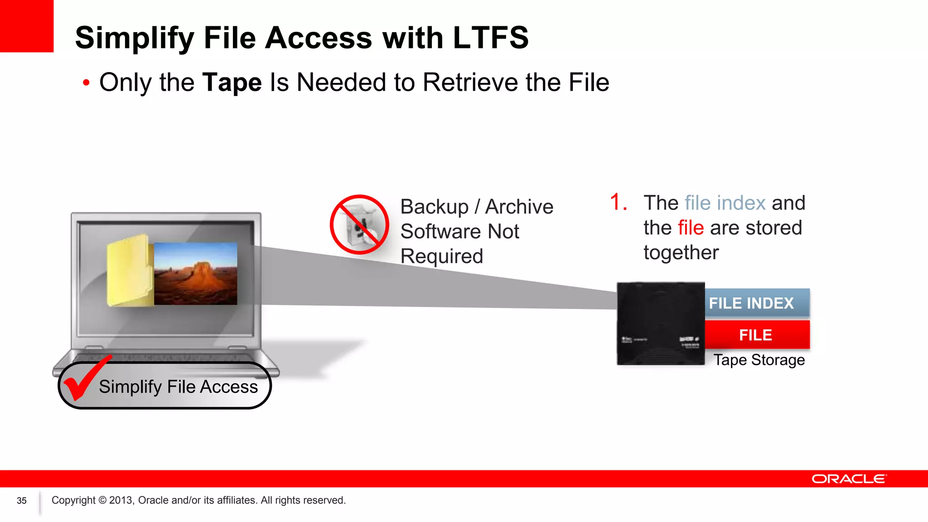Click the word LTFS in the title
[491, 38]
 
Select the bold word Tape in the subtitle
[232, 82]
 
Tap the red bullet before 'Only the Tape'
[86, 83]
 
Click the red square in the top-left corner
[26, 26]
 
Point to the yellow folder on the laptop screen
[129, 271]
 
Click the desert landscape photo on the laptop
[195, 273]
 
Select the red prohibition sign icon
[359, 225]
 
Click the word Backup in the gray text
[434, 207]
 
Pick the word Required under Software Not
[442, 256]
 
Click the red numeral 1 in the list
[616, 202]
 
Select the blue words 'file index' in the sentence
[725, 203]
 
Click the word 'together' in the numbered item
[681, 253]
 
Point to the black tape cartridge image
[661, 324]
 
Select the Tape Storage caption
[759, 360]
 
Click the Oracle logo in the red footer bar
[849, 479]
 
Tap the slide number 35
[22, 501]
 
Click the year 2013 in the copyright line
[121, 500]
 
